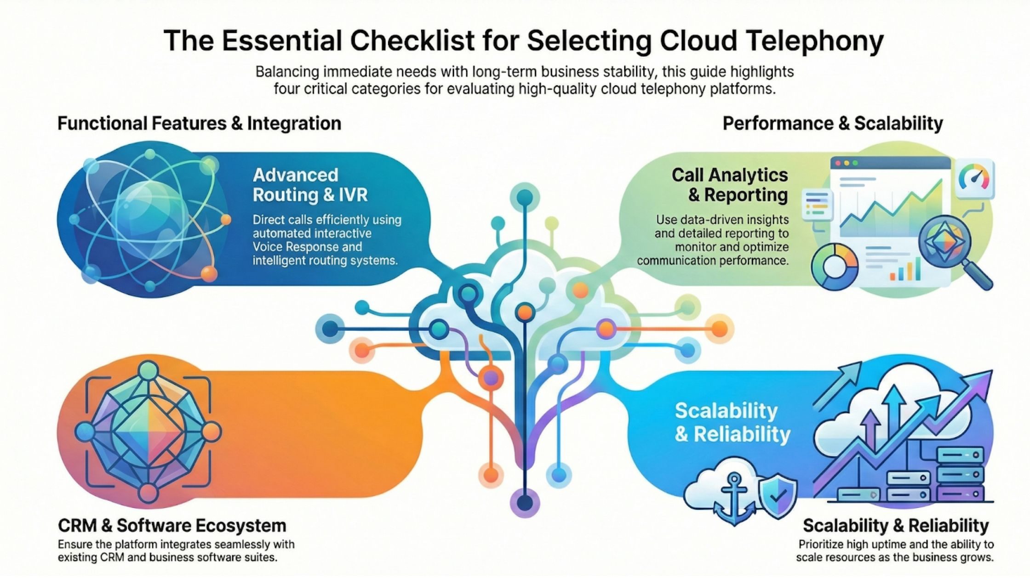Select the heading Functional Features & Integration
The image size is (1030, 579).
(x=199, y=123)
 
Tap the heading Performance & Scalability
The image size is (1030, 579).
(x=832, y=123)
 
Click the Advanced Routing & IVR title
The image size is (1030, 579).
(x=310, y=185)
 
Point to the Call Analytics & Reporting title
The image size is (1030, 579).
(x=730, y=185)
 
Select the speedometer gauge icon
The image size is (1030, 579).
(x=974, y=178)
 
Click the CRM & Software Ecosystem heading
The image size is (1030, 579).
(x=172, y=525)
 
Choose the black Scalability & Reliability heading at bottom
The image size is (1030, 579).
(x=896, y=525)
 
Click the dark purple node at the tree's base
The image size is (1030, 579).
(x=524, y=503)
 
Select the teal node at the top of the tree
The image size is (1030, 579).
(x=524, y=198)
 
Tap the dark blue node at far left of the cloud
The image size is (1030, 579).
(x=330, y=329)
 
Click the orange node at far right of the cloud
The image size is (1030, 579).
(x=719, y=329)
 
